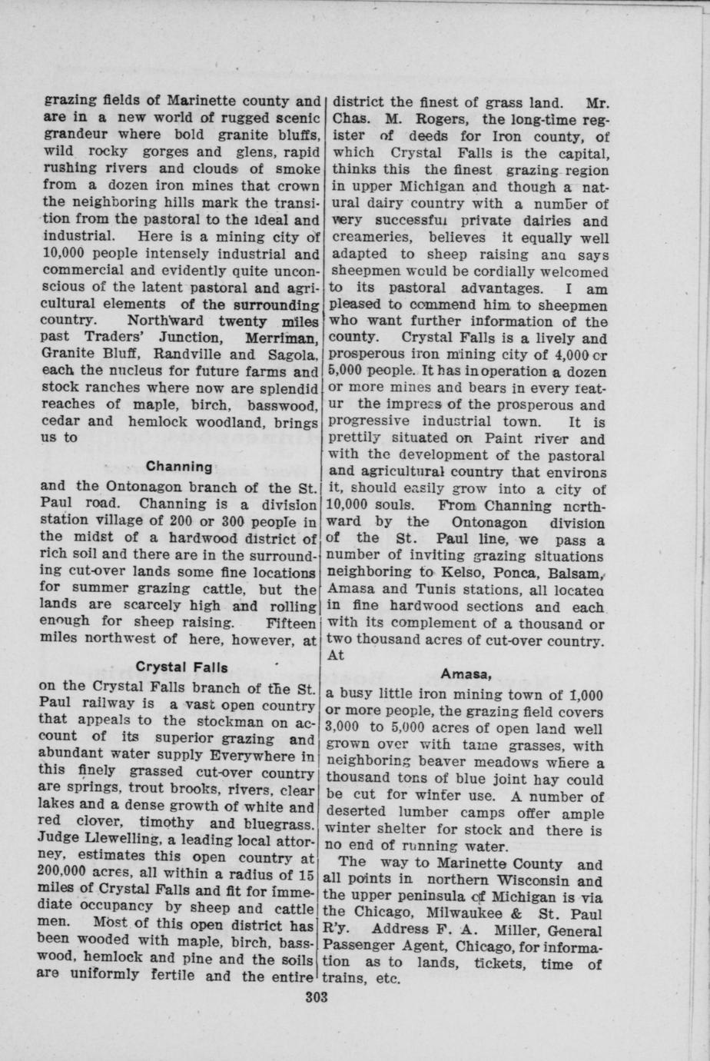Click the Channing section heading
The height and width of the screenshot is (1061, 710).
[179, 467]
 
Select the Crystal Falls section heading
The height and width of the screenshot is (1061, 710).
[181, 665]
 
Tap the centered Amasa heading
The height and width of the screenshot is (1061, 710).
[466, 674]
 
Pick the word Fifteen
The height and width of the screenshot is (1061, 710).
[289, 622]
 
